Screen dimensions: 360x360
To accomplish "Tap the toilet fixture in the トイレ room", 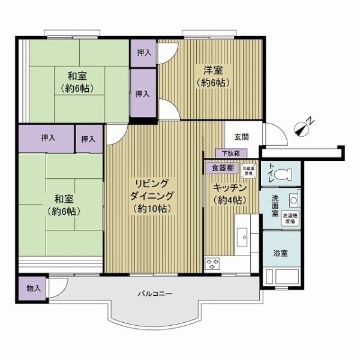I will click(284, 174).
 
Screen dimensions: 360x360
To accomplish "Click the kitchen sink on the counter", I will click(244, 236).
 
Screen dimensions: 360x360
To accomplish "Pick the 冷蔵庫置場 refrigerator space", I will click(248, 169).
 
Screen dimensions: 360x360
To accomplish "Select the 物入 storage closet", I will click(33, 288).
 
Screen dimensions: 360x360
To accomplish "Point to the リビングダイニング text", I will click(154, 190).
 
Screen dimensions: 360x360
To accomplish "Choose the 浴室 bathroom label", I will click(280, 253).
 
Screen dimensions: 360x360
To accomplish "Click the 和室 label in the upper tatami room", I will click(79, 76).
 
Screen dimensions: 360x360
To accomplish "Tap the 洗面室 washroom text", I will click(275, 205).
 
